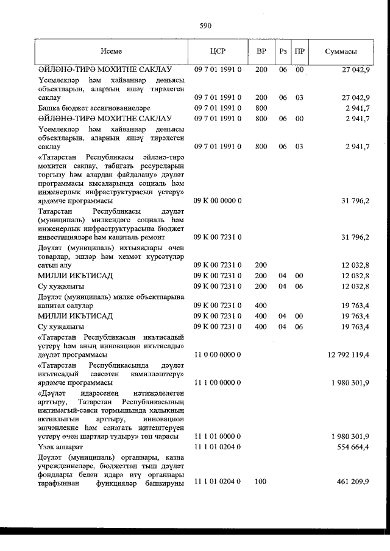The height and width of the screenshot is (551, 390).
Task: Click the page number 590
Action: (205, 26)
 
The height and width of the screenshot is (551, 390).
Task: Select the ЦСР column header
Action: (218, 52)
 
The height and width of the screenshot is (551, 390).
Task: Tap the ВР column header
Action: (261, 52)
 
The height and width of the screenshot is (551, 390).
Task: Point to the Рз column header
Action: (283, 52)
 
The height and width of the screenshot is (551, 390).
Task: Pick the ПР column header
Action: (299, 52)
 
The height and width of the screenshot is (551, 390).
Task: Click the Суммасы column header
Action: (341, 52)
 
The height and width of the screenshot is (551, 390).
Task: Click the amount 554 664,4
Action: (352, 446)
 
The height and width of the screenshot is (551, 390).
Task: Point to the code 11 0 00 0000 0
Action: (218, 354)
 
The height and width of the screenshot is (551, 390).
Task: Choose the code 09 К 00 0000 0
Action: (218, 200)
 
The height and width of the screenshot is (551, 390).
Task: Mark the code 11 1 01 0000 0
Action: (218, 437)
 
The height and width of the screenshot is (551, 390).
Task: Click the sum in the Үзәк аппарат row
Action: (352, 446)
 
